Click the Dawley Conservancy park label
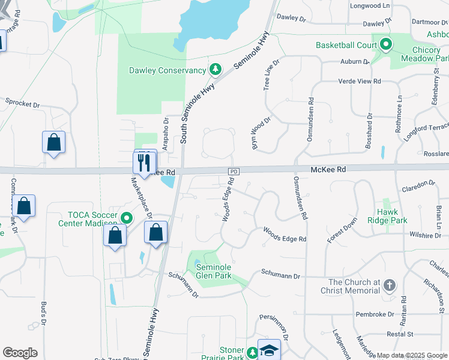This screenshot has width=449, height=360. (x=167, y=71)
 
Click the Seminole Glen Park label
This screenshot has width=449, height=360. (x=214, y=272)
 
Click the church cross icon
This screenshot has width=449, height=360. (x=389, y=286)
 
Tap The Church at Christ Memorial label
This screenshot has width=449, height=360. (x=354, y=286)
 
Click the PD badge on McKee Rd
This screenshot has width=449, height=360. (x=234, y=172)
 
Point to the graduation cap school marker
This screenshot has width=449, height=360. (x=269, y=350)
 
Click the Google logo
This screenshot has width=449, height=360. (x=20, y=353)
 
